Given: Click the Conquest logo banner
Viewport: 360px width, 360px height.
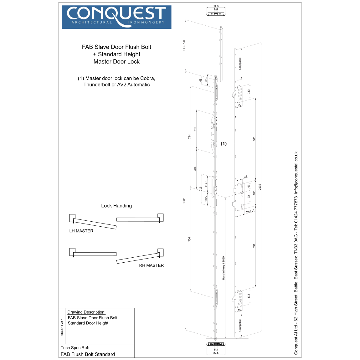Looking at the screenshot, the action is point(116,17).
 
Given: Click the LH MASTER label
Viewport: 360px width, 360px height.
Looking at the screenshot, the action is point(81,231).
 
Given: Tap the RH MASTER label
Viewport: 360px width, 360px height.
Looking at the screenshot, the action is point(151,265).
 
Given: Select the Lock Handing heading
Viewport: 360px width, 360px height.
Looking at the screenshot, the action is point(116,206).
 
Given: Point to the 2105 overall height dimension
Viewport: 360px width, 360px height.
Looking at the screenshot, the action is point(260,187).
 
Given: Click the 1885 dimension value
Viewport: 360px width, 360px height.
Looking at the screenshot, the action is point(184,200).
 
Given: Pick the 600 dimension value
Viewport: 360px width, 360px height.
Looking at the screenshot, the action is point(254,139).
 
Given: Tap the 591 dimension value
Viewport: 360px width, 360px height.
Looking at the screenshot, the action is point(254,246).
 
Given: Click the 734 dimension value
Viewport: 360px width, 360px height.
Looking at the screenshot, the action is point(189,136).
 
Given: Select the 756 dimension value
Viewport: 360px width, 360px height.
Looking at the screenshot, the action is point(189,239).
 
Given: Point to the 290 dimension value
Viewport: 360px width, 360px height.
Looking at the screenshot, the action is point(195,129).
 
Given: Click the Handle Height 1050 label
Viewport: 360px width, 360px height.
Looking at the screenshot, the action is point(224,268).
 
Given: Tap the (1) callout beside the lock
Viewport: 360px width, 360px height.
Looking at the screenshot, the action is point(224,144).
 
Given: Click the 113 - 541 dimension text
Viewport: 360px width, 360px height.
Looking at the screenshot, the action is point(184,45).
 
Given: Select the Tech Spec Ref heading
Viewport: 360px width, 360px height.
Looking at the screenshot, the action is point(75,347).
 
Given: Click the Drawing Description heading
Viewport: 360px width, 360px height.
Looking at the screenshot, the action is point(86,312).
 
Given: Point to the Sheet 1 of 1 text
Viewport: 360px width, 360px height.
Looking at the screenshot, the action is point(62,327).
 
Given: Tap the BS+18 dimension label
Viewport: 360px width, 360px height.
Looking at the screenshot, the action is point(250,211).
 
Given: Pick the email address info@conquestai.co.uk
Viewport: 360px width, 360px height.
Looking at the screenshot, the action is point(296,172).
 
